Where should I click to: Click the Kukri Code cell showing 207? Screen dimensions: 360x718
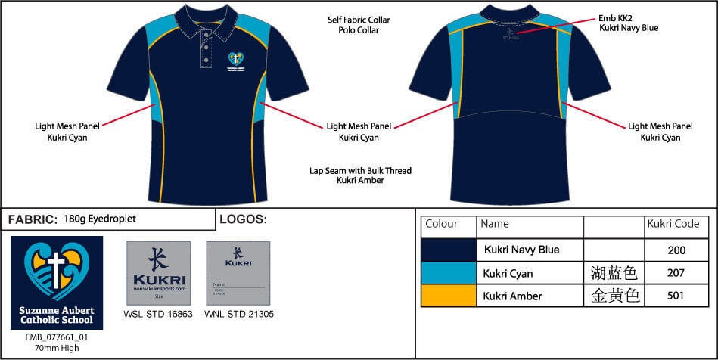coord(676,273)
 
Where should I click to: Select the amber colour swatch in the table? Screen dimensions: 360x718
coord(448,295)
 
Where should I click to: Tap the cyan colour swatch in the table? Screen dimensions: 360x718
coord(448,272)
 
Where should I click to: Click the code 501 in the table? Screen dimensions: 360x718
coord(676,296)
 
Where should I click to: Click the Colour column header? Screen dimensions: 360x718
coord(442,225)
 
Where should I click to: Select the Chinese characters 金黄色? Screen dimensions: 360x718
coord(614,296)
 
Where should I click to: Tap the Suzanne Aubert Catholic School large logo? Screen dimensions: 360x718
coord(57,282)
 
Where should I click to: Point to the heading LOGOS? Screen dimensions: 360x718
coord(242,219)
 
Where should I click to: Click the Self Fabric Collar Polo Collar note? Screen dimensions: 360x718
coord(359,25)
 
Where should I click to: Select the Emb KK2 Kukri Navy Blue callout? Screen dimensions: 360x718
coord(629,22)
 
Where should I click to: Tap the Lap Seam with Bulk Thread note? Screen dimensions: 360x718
coord(361,176)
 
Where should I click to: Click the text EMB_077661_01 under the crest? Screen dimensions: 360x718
coord(57,337)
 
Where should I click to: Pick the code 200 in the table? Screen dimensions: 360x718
coord(676,250)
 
